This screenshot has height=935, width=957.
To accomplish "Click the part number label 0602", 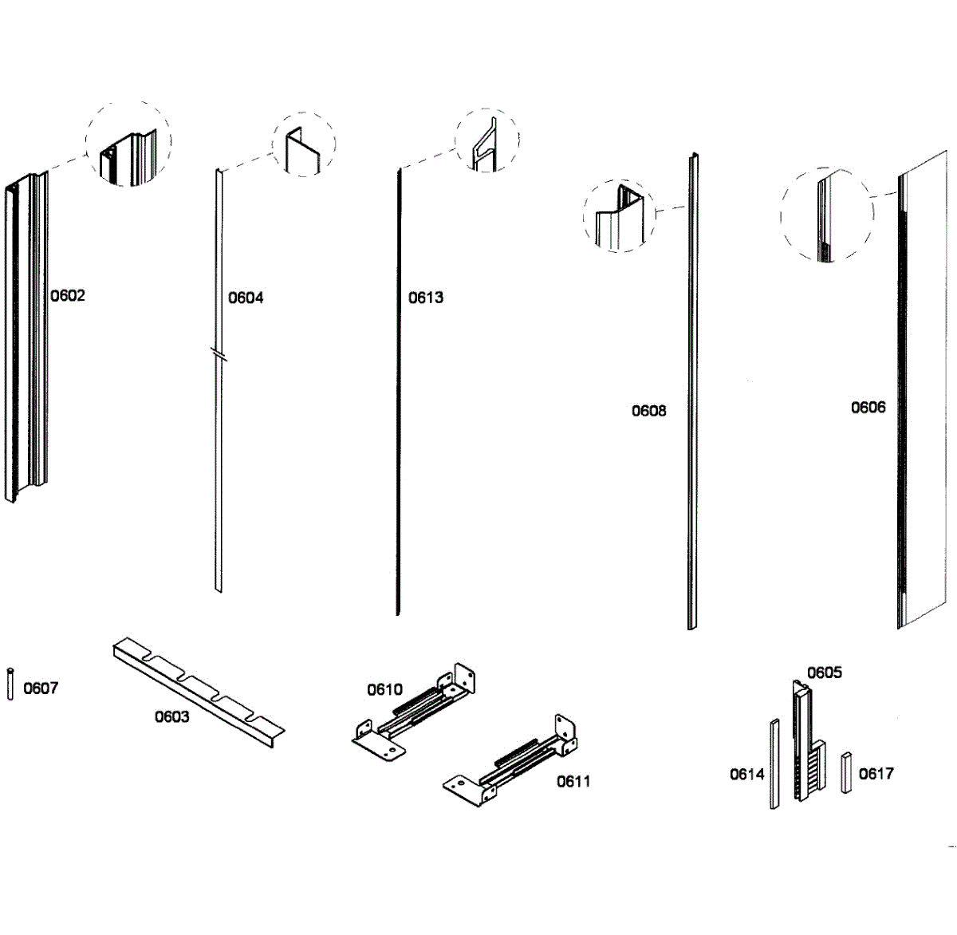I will [x=68, y=296].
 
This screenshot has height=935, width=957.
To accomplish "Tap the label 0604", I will [x=246, y=298].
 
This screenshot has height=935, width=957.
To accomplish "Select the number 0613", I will [x=426, y=298].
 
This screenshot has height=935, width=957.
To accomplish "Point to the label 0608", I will [x=648, y=411].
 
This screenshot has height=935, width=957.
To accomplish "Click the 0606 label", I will [x=868, y=408].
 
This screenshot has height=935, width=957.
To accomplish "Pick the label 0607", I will [x=41, y=688].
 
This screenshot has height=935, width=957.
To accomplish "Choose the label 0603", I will [x=171, y=716].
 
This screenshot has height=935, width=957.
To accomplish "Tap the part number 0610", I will [x=384, y=690].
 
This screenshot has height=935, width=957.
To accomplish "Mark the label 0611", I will [x=573, y=782].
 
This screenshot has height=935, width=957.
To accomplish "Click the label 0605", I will [x=824, y=673].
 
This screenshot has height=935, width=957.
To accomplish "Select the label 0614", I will [x=747, y=774].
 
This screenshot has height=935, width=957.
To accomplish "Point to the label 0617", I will [x=876, y=773].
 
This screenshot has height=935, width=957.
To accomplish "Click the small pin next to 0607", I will [x=10, y=684].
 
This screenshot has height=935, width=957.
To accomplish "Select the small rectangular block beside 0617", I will [x=846, y=771].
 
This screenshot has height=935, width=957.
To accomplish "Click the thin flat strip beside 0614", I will [x=774, y=764].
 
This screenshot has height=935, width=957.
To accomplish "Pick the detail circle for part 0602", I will [x=128, y=144].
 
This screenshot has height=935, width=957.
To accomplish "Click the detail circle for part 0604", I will [x=304, y=144].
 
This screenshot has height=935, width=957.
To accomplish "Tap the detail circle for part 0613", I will [x=486, y=140].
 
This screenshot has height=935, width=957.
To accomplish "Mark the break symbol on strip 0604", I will [x=219, y=353].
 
